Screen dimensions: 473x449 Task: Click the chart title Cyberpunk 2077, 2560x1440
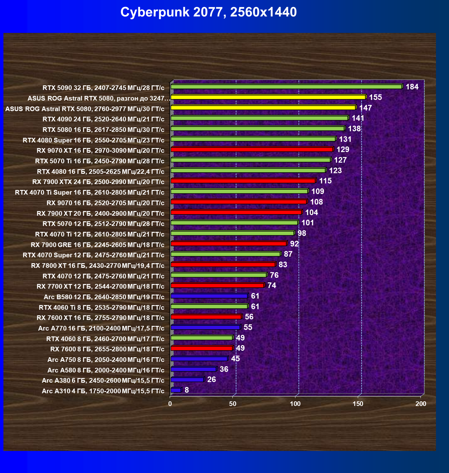click(x=209, y=12)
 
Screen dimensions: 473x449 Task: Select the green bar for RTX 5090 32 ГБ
click(x=286, y=87)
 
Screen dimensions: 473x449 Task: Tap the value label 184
click(x=412, y=87)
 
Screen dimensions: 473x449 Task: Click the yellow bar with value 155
click(x=268, y=97)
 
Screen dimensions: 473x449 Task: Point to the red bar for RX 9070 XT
click(x=252, y=150)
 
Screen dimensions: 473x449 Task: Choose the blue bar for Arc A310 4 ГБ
click(x=176, y=390)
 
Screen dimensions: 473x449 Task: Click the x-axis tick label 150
click(x=358, y=404)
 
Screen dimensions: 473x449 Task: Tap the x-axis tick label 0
click(x=170, y=404)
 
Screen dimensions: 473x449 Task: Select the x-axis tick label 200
click(x=421, y=404)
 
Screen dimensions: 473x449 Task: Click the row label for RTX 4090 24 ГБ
click(x=103, y=119)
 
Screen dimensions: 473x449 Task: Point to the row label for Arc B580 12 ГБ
click(x=104, y=297)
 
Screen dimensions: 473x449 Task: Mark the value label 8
click(x=186, y=390)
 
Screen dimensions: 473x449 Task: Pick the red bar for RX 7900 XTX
click(x=243, y=181)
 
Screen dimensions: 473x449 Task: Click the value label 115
click(x=325, y=181)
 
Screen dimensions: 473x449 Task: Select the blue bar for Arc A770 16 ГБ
click(x=205, y=327)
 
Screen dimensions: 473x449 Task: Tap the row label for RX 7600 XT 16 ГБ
click(x=100, y=318)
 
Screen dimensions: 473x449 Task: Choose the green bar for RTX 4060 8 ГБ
click(x=201, y=338)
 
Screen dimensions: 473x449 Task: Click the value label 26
click(x=211, y=380)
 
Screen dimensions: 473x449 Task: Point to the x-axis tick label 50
click(x=233, y=404)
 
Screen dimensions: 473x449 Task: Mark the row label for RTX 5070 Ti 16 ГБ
click(x=100, y=161)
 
